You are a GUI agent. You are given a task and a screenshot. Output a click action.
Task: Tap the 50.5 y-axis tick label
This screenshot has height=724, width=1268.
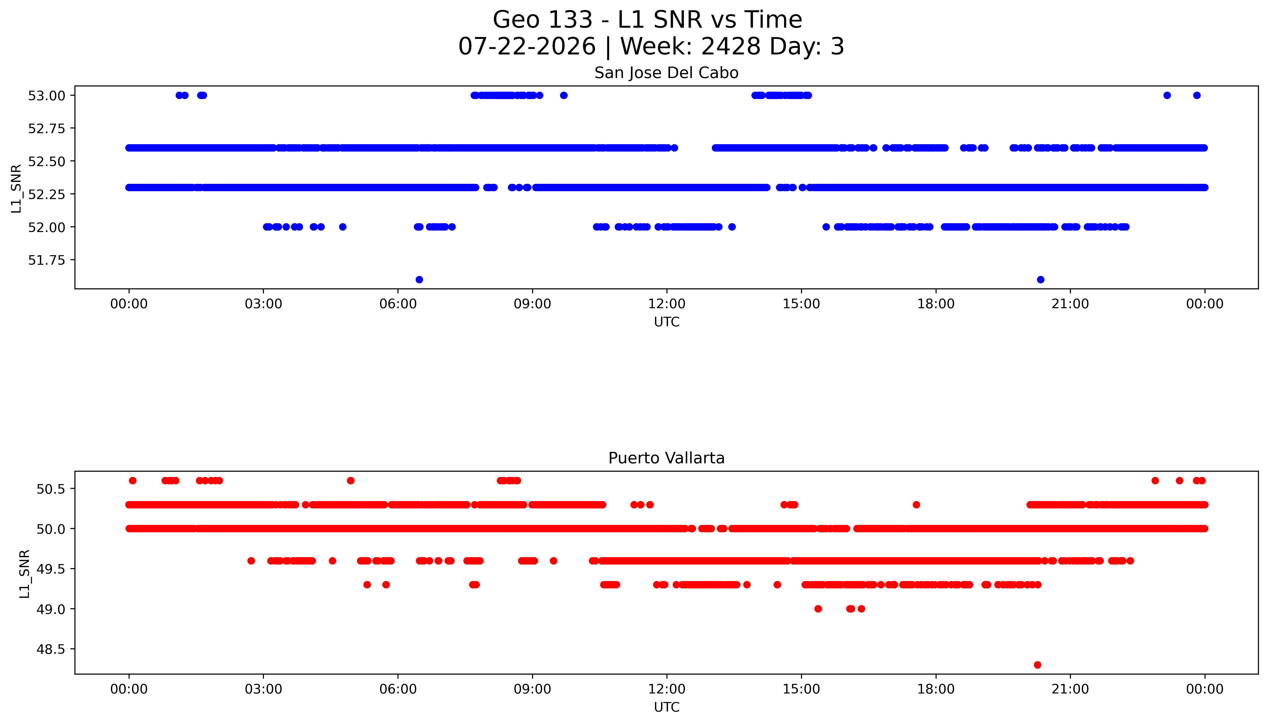pyautogui.click(x=51, y=489)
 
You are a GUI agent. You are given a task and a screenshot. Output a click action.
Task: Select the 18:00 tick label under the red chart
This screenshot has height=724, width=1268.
pyautogui.click(x=935, y=689)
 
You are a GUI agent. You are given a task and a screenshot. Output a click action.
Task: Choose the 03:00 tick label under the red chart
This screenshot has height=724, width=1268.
pyautogui.click(x=263, y=689)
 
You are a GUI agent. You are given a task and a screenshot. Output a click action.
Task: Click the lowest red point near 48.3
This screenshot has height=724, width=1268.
pyautogui.click(x=1037, y=665)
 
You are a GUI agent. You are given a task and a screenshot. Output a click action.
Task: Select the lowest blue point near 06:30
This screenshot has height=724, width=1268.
pyautogui.click(x=419, y=280)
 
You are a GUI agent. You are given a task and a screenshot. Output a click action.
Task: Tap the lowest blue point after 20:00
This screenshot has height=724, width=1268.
pyautogui.click(x=1040, y=280)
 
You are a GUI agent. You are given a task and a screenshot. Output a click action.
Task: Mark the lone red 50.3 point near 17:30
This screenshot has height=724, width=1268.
pyautogui.click(x=916, y=505)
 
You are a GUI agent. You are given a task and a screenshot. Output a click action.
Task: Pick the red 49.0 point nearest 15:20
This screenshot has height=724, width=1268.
pyautogui.click(x=818, y=609)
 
